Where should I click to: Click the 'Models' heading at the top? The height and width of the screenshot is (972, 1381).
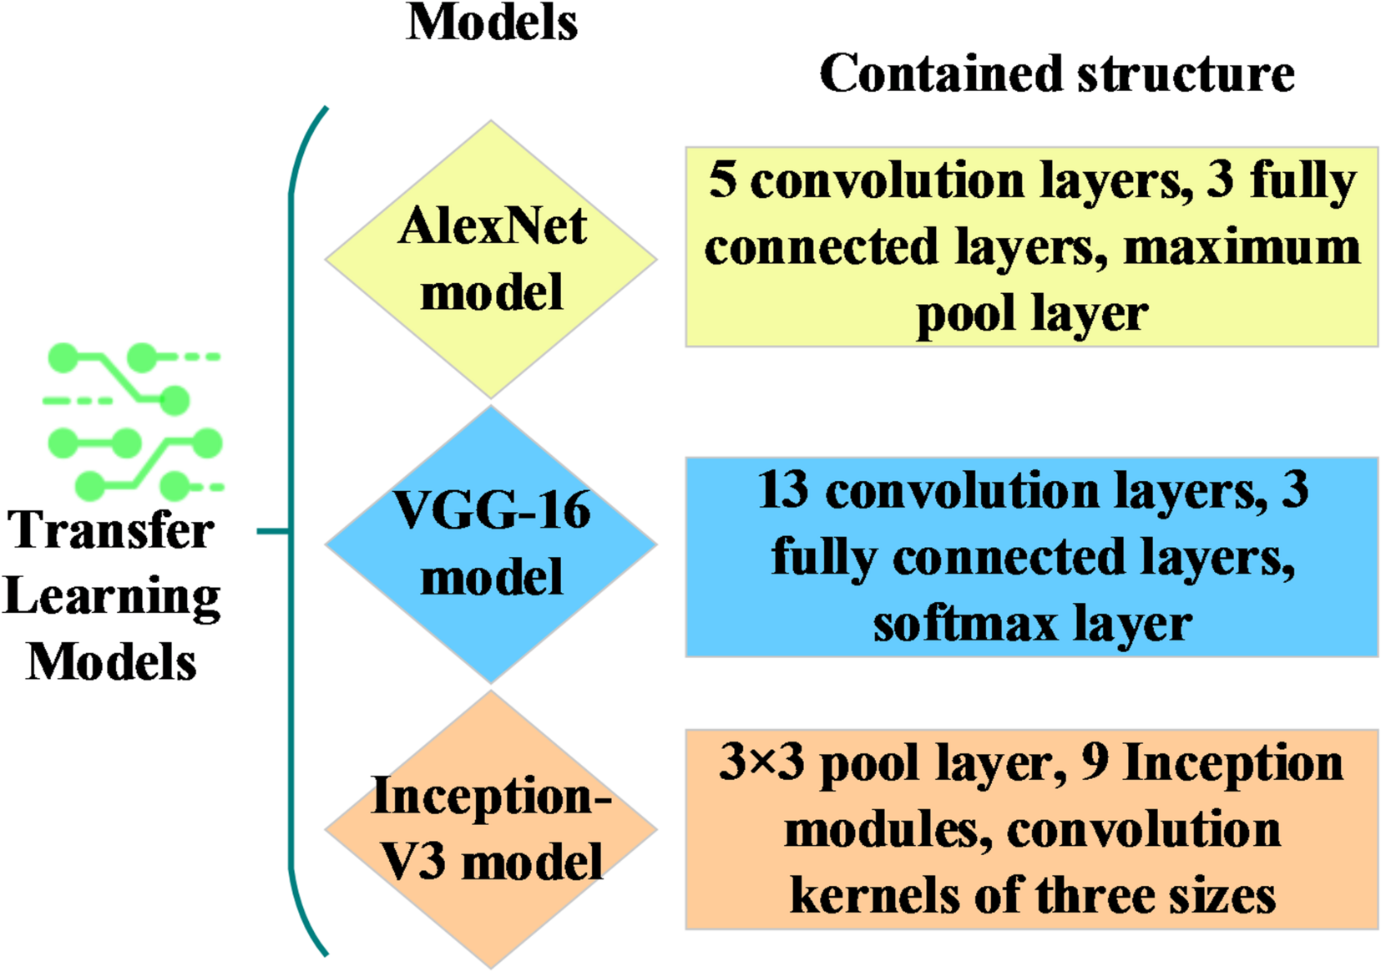tap(492, 22)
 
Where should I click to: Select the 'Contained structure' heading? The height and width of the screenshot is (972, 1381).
tap(1056, 73)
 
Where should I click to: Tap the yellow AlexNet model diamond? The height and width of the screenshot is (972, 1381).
tap(491, 258)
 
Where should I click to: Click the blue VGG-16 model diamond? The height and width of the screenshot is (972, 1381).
tap(491, 544)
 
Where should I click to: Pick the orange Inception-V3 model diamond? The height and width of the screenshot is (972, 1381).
tap(491, 829)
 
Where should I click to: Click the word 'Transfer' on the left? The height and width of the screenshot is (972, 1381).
tap(110, 530)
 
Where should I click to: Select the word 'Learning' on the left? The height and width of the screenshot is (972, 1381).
tap(112, 596)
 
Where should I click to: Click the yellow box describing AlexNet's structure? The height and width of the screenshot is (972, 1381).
tap(1031, 247)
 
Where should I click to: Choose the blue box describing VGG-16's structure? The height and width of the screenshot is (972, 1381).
tap(1031, 557)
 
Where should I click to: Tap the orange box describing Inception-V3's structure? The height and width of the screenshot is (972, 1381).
tap(1031, 829)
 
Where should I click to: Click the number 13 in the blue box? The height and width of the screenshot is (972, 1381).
tap(782, 490)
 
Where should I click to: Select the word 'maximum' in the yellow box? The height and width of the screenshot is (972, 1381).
tap(1242, 248)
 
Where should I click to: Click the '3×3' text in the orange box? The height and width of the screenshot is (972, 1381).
tap(761, 762)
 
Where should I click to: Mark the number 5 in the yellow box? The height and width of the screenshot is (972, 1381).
tap(722, 180)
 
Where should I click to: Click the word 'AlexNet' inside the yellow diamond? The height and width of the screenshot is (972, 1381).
tap(492, 226)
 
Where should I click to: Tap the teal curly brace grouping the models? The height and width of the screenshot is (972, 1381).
tap(292, 530)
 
